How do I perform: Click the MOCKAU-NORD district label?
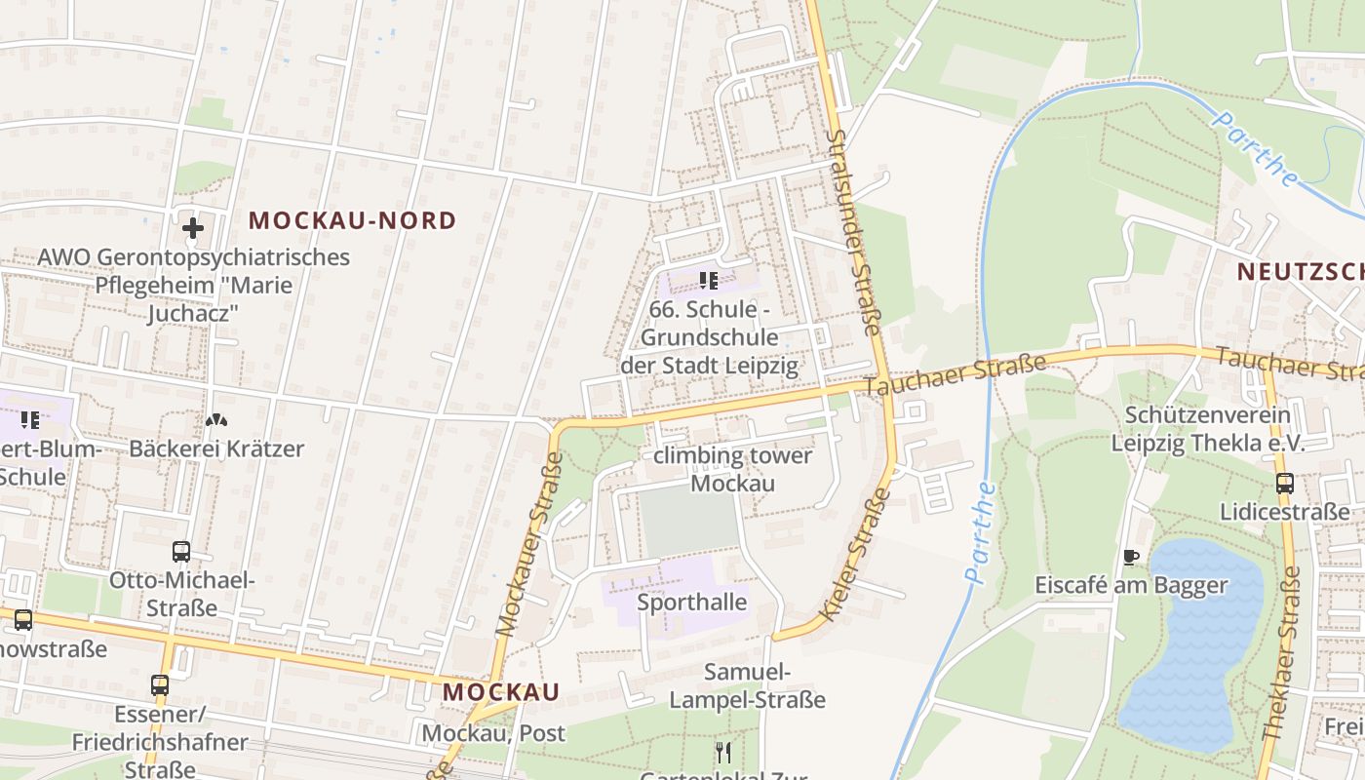[x=352, y=220]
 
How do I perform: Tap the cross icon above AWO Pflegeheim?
[x=193, y=228]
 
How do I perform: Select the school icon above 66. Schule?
[x=709, y=282]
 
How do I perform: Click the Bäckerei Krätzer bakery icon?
[x=216, y=421]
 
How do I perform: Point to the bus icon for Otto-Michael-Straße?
[x=181, y=552]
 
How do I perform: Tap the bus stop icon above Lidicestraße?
[x=1285, y=484]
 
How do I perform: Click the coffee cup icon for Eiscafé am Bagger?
[x=1131, y=558]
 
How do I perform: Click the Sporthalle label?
[x=691, y=603]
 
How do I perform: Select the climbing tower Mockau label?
[x=732, y=469]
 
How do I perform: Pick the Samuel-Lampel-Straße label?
[x=747, y=685]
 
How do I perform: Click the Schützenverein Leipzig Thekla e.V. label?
[x=1208, y=428]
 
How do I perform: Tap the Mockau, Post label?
[x=493, y=733]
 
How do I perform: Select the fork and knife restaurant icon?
[x=722, y=753]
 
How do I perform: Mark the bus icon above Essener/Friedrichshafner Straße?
[x=160, y=685]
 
